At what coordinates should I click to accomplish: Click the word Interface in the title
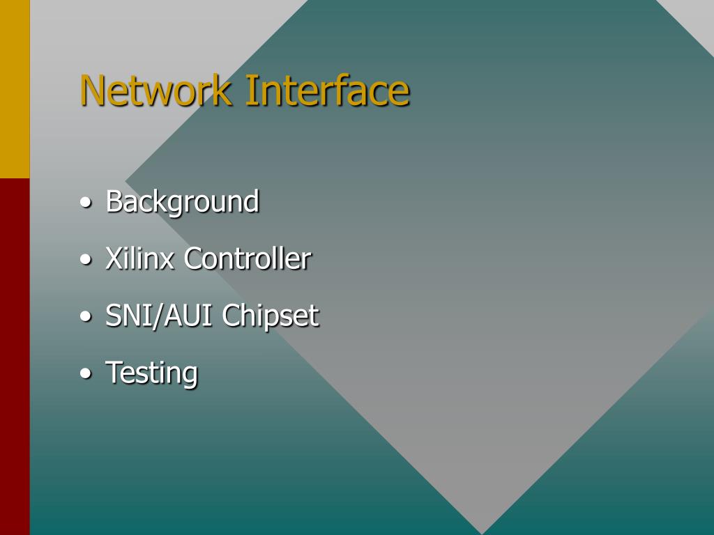coord(326,91)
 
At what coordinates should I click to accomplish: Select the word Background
coord(182,202)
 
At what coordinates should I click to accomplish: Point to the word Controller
coord(248,259)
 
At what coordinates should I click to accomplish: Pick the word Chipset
coord(271,317)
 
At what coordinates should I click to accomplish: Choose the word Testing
coord(151,373)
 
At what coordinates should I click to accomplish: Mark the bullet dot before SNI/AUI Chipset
coord(85,317)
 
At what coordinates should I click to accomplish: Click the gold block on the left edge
coord(15,88)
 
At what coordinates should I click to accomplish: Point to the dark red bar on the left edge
coord(15,355)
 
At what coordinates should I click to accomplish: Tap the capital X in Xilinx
coord(114,259)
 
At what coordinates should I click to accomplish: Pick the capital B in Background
coord(114,202)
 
